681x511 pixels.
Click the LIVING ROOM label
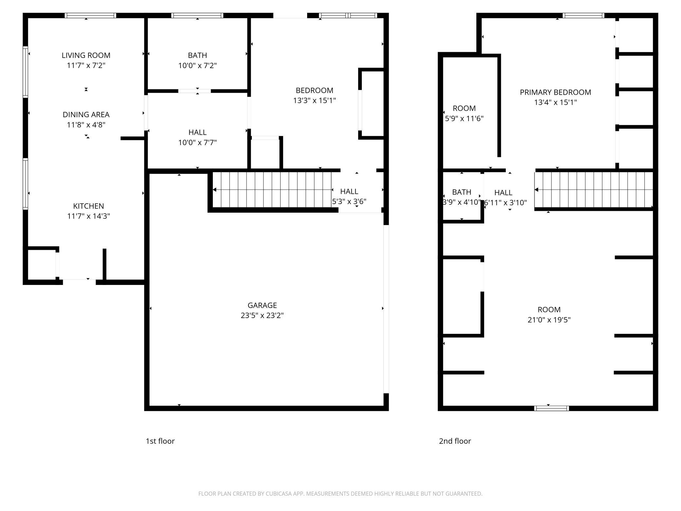click(x=86, y=55)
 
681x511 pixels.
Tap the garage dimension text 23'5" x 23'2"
click(x=262, y=315)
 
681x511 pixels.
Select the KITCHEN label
click(x=88, y=206)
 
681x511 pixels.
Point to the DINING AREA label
click(x=86, y=115)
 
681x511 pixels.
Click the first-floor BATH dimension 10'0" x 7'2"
click(x=197, y=66)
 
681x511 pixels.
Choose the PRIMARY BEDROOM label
click(x=555, y=92)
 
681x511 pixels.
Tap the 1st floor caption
click(x=160, y=441)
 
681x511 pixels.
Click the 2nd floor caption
click(x=455, y=441)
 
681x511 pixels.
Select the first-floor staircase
click(x=272, y=190)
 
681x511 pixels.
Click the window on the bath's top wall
click(x=197, y=15)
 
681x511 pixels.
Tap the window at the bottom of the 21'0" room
click(x=551, y=408)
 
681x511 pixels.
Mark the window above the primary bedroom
click(x=583, y=15)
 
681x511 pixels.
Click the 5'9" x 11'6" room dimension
click(x=464, y=119)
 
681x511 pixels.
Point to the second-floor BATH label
click(x=462, y=192)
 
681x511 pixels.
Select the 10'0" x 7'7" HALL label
click(x=197, y=132)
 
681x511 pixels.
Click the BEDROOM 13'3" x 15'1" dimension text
click(x=314, y=101)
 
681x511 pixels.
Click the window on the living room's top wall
click(x=90, y=15)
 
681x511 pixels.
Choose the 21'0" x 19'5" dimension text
click(x=549, y=320)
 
